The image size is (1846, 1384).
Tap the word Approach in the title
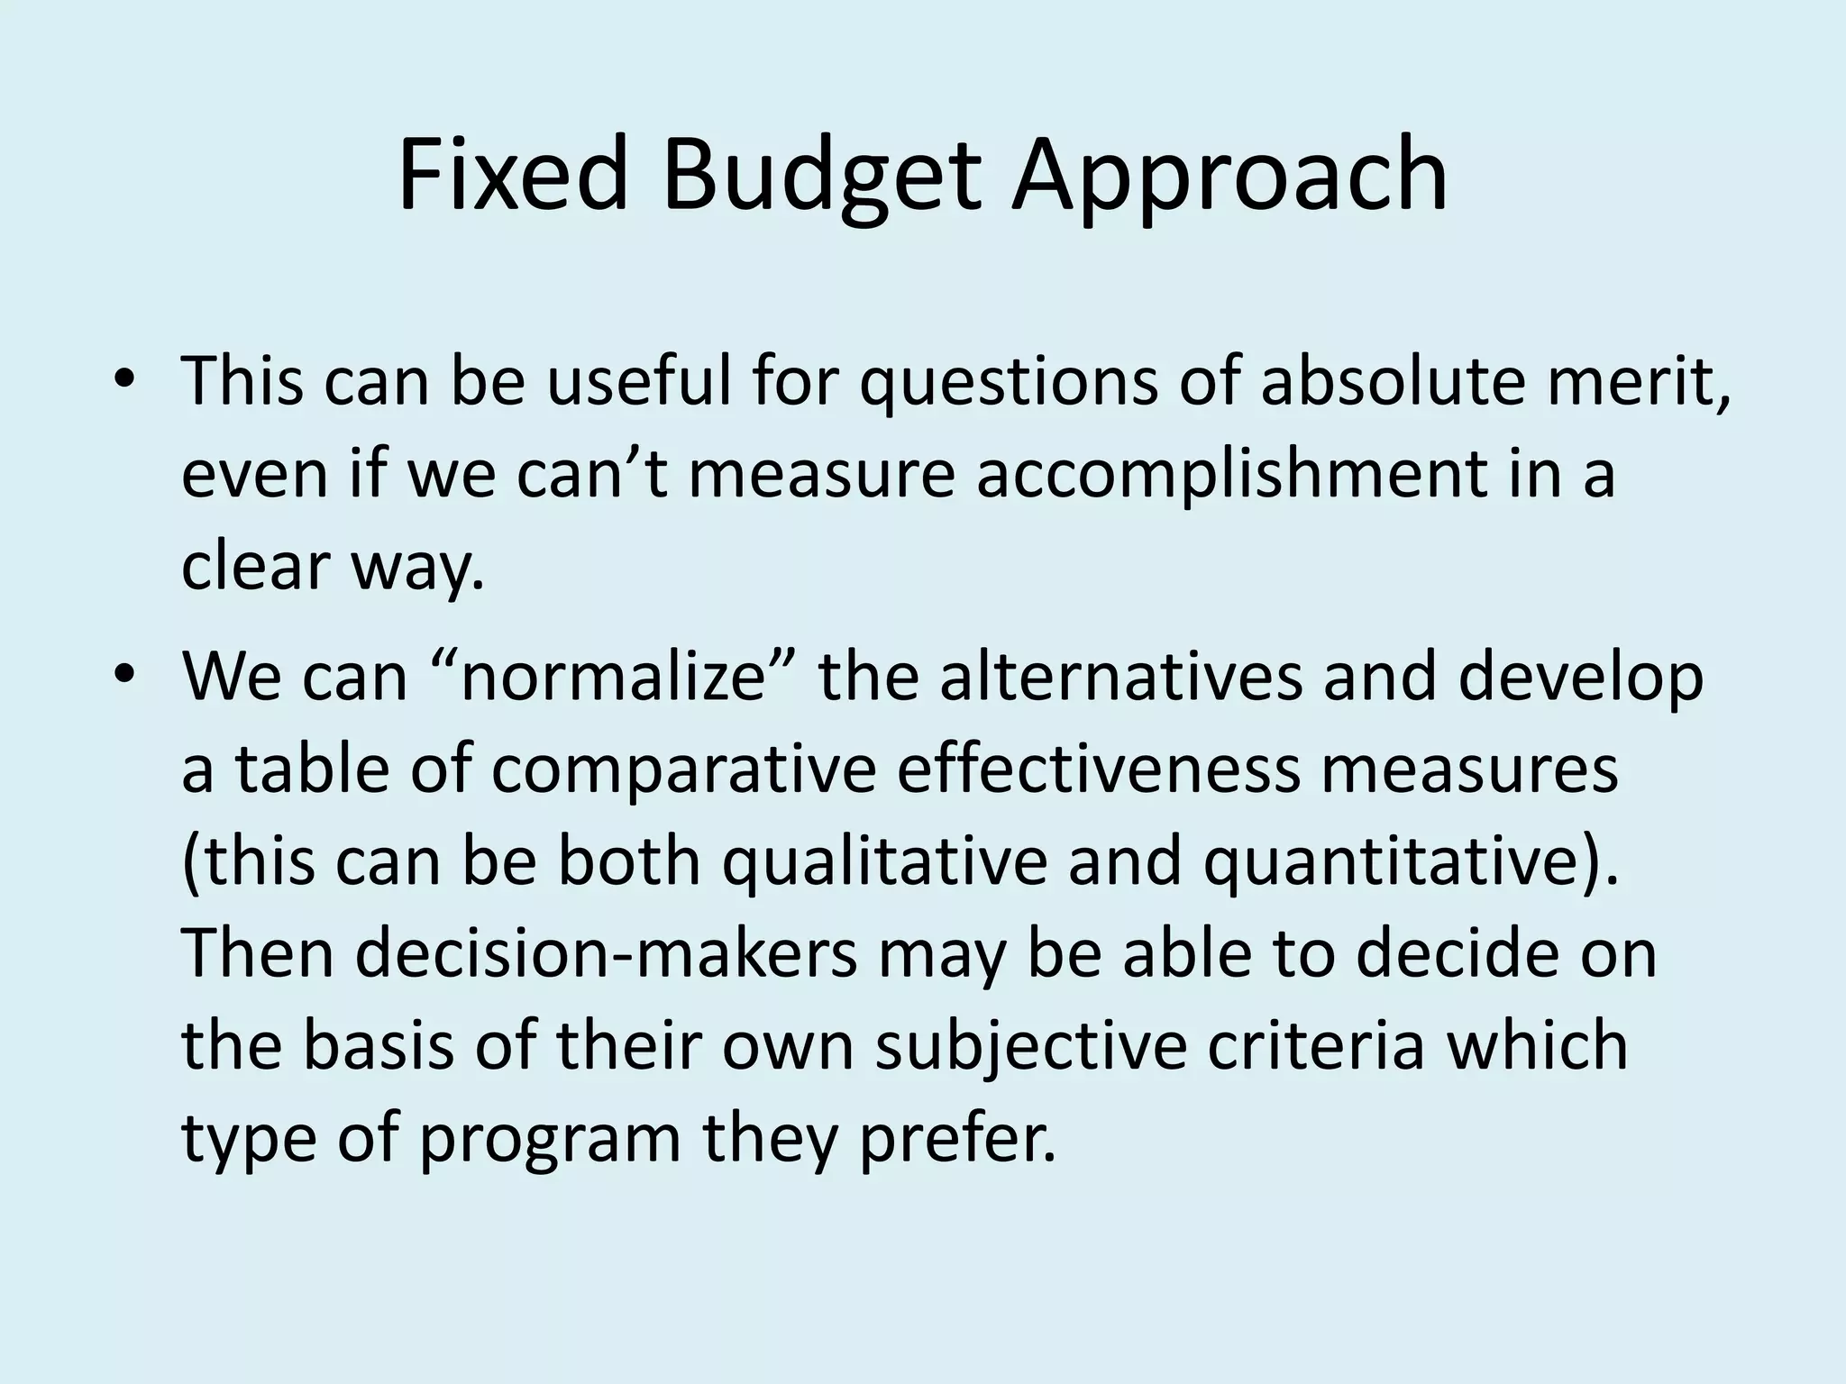(x=1229, y=177)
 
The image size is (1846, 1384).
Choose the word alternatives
(x=1121, y=676)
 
